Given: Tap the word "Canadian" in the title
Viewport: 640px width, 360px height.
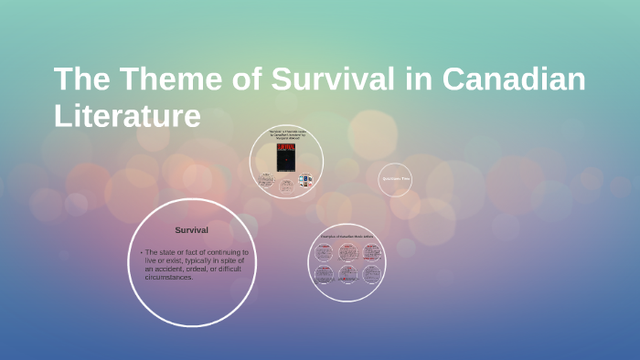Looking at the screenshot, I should tap(515, 80).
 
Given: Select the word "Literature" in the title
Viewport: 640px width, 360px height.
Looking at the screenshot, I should tap(127, 117).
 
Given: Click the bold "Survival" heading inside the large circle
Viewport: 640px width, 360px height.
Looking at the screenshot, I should tap(192, 229).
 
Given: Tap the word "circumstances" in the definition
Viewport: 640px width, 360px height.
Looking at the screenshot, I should tap(167, 277).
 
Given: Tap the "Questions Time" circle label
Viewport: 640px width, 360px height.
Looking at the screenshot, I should tap(395, 180).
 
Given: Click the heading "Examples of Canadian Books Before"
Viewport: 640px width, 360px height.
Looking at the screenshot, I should tap(347, 237).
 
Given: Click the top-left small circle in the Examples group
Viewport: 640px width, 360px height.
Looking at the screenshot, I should tap(324, 251).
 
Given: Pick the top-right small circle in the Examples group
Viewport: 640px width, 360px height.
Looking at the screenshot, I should tap(370, 251).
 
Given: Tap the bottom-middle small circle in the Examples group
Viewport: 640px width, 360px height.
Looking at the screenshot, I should tap(347, 275).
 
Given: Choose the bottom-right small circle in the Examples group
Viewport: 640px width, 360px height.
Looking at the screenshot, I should tap(370, 275).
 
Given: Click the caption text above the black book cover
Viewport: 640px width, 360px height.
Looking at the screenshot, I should tap(286, 136).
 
